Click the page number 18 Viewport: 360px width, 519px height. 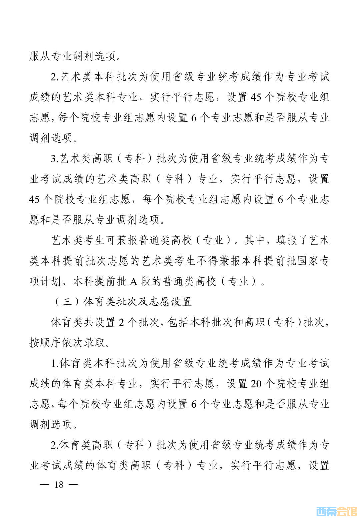click(x=59, y=484)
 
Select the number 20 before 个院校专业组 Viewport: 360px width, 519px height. click(x=256, y=384)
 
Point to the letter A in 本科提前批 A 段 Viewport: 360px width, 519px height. click(x=133, y=282)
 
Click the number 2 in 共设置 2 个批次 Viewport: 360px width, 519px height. click(x=121, y=322)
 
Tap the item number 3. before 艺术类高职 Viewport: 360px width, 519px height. click(x=55, y=158)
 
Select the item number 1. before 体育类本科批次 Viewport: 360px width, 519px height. click(x=55, y=363)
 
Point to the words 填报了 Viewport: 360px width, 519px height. click(x=292, y=240)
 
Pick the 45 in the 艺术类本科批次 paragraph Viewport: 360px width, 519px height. click(x=256, y=97)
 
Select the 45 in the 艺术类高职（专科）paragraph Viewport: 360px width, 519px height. click(x=34, y=200)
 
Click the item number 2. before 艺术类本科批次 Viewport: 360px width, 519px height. click(x=55, y=77)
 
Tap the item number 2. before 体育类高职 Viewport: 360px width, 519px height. click(x=55, y=445)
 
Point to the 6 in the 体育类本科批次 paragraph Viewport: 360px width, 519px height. click(x=194, y=404)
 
